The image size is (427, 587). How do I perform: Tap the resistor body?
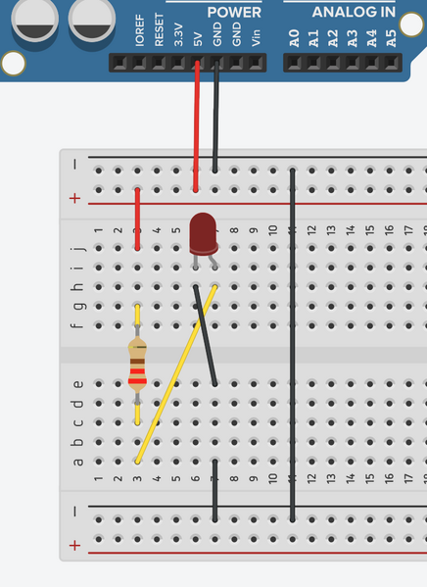click(137, 365)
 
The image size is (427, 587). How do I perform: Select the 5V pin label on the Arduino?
click(198, 39)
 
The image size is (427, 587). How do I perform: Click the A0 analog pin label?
click(295, 38)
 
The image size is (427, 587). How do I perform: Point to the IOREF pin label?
click(140, 30)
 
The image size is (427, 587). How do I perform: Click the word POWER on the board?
click(234, 13)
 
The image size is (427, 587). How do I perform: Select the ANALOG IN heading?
click(354, 12)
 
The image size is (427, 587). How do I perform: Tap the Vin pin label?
click(256, 38)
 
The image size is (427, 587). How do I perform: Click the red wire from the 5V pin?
click(197, 126)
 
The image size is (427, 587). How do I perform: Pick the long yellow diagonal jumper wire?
click(176, 374)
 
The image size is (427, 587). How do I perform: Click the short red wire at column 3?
click(137, 219)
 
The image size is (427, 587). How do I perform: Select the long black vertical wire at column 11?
click(292, 345)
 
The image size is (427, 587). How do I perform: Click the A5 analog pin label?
click(391, 38)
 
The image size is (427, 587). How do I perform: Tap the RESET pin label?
click(159, 29)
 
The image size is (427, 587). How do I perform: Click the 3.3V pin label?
click(178, 34)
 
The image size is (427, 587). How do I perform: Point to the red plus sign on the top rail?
click(74, 198)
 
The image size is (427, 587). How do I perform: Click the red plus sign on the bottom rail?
click(74, 546)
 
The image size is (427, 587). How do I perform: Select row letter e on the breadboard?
click(77, 384)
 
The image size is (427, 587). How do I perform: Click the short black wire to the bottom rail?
click(214, 490)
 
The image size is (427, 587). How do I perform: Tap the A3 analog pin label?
click(353, 38)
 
